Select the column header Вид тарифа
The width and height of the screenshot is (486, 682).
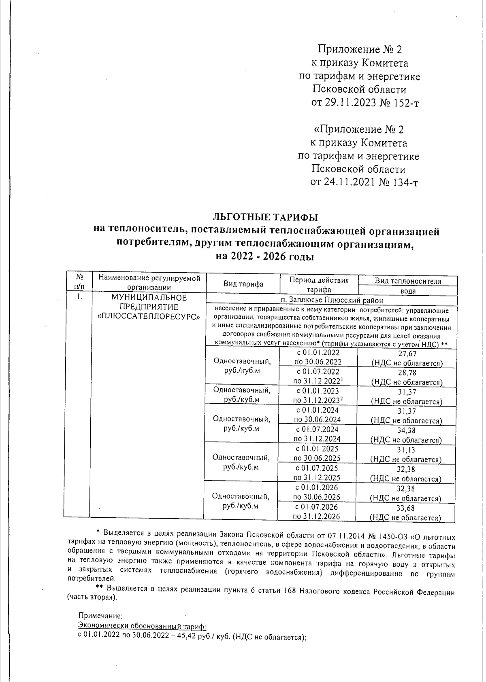click(243, 284)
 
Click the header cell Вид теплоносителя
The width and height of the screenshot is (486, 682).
click(407, 281)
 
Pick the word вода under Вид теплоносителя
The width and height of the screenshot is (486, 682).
click(407, 291)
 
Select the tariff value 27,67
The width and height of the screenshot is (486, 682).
click(407, 354)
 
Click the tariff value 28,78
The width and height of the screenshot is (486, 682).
click(407, 373)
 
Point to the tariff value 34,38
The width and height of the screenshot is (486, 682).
click(407, 431)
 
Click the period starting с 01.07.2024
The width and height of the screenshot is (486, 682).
click(317, 430)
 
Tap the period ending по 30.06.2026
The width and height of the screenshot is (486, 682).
click(316, 497)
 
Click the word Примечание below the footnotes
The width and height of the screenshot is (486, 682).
click(100, 616)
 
